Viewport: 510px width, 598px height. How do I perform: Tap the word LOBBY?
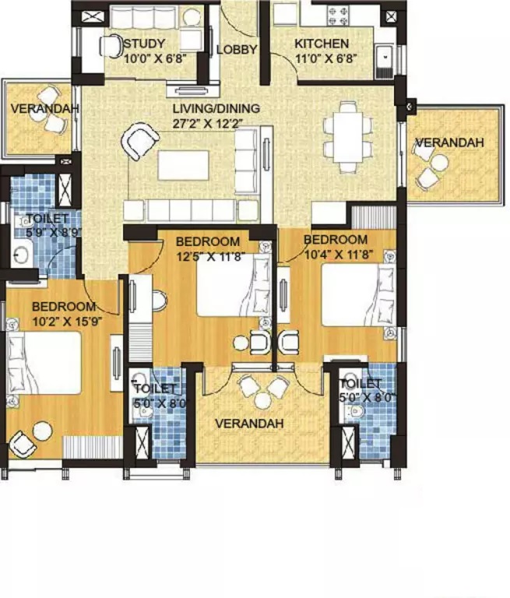click(x=236, y=50)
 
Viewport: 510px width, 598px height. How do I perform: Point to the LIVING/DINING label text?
click(x=216, y=108)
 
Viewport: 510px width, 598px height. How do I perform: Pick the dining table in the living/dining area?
click(x=343, y=139)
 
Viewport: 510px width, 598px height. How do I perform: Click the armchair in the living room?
click(x=139, y=142)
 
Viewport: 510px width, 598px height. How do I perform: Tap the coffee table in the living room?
click(x=183, y=164)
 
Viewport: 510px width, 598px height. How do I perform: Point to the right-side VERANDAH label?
click(x=449, y=142)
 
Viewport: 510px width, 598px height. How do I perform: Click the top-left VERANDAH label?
click(x=44, y=108)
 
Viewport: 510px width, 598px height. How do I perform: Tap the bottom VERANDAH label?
click(x=249, y=424)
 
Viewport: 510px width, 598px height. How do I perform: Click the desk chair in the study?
click(x=110, y=47)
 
